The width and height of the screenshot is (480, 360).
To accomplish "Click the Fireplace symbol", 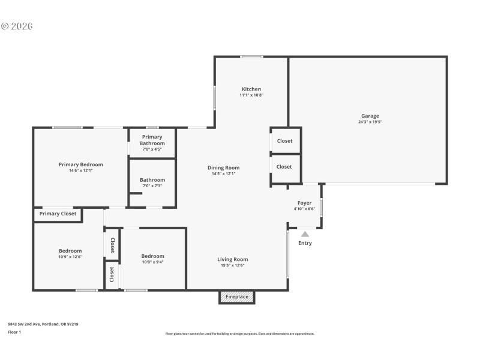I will (x=237, y=297).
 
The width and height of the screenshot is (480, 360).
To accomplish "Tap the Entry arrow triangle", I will (x=305, y=234).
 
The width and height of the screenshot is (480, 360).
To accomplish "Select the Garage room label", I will (x=370, y=116).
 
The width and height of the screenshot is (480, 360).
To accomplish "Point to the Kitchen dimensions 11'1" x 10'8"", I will (x=251, y=95).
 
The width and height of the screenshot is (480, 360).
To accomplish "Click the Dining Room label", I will (x=223, y=167).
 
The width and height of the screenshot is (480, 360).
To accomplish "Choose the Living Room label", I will (x=232, y=259).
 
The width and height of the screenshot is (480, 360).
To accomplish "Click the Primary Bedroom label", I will (x=80, y=164).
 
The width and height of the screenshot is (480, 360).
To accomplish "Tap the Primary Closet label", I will (x=58, y=214).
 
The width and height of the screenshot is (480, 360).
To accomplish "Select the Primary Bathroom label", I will (x=152, y=140).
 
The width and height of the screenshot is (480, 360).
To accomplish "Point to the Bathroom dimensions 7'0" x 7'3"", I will (x=152, y=186).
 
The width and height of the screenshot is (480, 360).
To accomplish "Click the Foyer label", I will (x=304, y=203).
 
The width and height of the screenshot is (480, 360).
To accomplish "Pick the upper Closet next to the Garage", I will (x=284, y=141).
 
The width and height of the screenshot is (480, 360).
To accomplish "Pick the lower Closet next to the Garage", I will (x=284, y=167).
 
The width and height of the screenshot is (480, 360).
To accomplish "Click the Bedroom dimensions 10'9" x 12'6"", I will (x=70, y=257).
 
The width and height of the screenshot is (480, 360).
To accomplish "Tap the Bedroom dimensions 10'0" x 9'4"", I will (x=152, y=262).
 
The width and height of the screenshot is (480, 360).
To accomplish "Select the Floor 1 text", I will (x=14, y=332).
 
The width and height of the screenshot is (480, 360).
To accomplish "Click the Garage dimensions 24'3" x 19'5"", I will (x=370, y=122).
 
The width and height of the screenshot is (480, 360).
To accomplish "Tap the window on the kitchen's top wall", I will (x=251, y=57).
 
